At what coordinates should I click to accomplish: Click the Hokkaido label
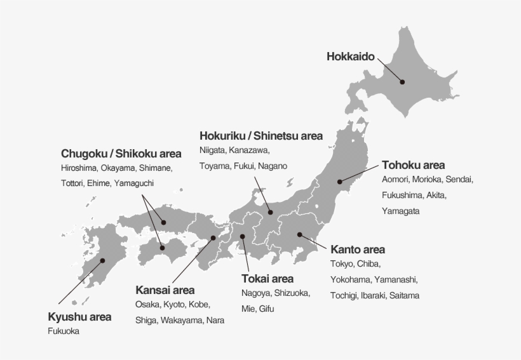click(x=350, y=57)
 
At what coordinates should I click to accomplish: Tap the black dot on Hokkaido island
click(x=402, y=81)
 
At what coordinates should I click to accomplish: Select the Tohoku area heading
click(x=413, y=165)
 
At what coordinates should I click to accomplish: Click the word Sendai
click(x=459, y=179)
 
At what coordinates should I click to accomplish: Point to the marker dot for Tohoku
click(x=341, y=182)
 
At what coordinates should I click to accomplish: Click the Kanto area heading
click(x=358, y=250)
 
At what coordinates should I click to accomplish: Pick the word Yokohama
click(x=349, y=279)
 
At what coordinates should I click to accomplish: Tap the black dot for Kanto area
click(x=300, y=234)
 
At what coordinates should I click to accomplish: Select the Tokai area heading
click(x=267, y=278)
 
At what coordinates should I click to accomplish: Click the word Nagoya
click(x=255, y=293)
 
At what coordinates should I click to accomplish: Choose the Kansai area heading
click(x=165, y=290)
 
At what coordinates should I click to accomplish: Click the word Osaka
click(x=147, y=305)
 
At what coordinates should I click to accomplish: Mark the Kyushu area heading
click(x=79, y=317)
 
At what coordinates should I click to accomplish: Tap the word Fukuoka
click(x=64, y=331)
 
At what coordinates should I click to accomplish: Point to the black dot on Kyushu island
click(x=102, y=260)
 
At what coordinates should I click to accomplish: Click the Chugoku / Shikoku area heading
click(x=121, y=154)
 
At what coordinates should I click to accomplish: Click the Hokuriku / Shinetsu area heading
click(x=260, y=136)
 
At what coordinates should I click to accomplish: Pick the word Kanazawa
click(x=248, y=150)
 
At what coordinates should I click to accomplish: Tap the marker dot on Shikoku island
click(x=163, y=248)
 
